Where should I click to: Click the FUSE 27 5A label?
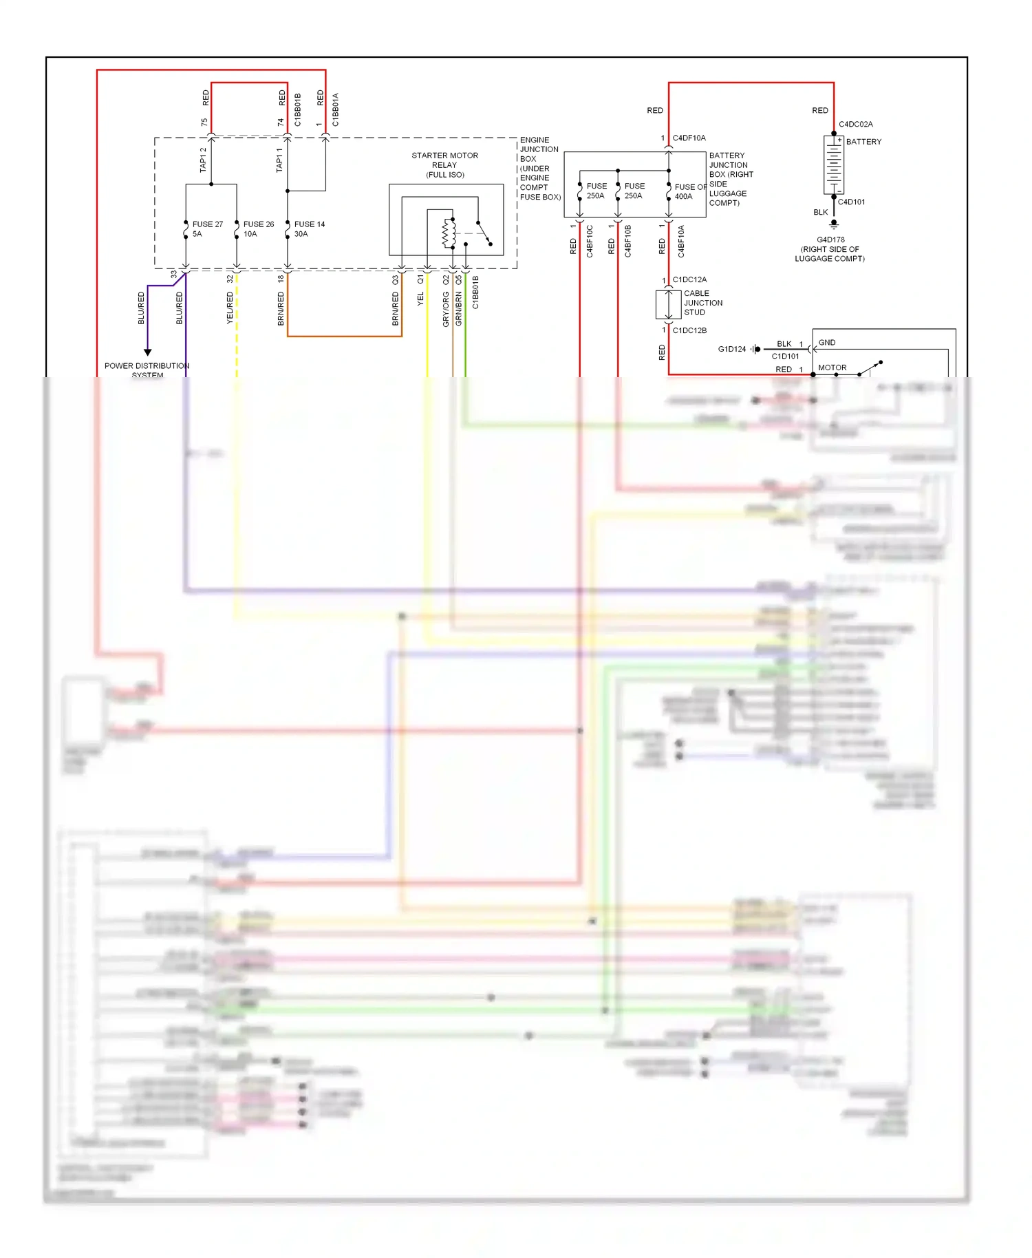(206, 228)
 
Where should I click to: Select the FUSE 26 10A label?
(258, 228)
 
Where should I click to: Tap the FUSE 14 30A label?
(309, 228)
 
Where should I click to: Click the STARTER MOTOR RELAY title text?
(444, 164)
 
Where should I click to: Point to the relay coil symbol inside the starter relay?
(449, 233)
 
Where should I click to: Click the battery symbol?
(833, 164)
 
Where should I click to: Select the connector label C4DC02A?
(855, 125)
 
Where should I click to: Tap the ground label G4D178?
(830, 240)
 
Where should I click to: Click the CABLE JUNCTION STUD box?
(668, 303)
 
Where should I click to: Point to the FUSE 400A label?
(689, 191)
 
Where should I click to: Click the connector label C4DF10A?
(689, 138)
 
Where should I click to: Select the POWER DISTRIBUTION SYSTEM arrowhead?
(147, 352)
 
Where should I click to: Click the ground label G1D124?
(731, 349)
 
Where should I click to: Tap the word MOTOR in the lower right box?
(832, 367)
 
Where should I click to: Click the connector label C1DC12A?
(689, 280)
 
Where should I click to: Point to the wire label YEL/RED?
(230, 308)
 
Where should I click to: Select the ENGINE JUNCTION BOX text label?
(539, 169)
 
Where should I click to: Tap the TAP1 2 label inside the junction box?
(203, 160)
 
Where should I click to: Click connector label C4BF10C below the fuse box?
(590, 241)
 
